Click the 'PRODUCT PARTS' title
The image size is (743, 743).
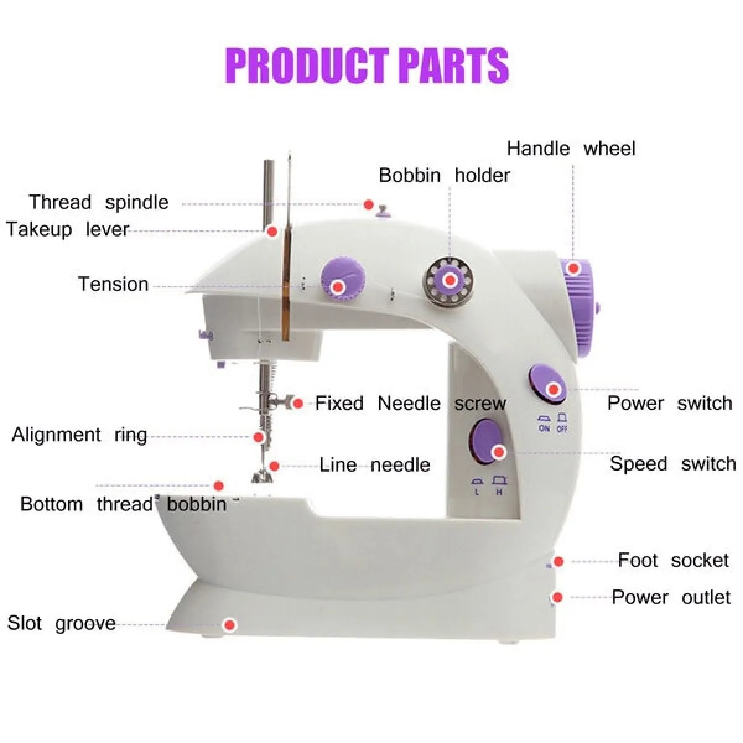point(367,66)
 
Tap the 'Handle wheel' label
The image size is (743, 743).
point(571,149)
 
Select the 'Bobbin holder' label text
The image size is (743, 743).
point(444,175)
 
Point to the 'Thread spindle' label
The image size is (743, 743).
point(98,203)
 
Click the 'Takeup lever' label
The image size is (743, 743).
point(67,230)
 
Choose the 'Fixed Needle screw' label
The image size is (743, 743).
point(411,403)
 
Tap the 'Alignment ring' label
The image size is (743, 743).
point(79,435)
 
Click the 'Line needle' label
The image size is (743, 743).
point(375,464)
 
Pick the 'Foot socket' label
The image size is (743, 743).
point(674,560)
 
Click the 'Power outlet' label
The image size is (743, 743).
point(671,597)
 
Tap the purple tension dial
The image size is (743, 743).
point(343,279)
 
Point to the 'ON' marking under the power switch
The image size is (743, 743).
point(544,428)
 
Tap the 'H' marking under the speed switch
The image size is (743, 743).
point(499,492)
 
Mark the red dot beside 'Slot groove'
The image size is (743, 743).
point(230,625)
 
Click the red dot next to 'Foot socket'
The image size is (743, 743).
point(558,562)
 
